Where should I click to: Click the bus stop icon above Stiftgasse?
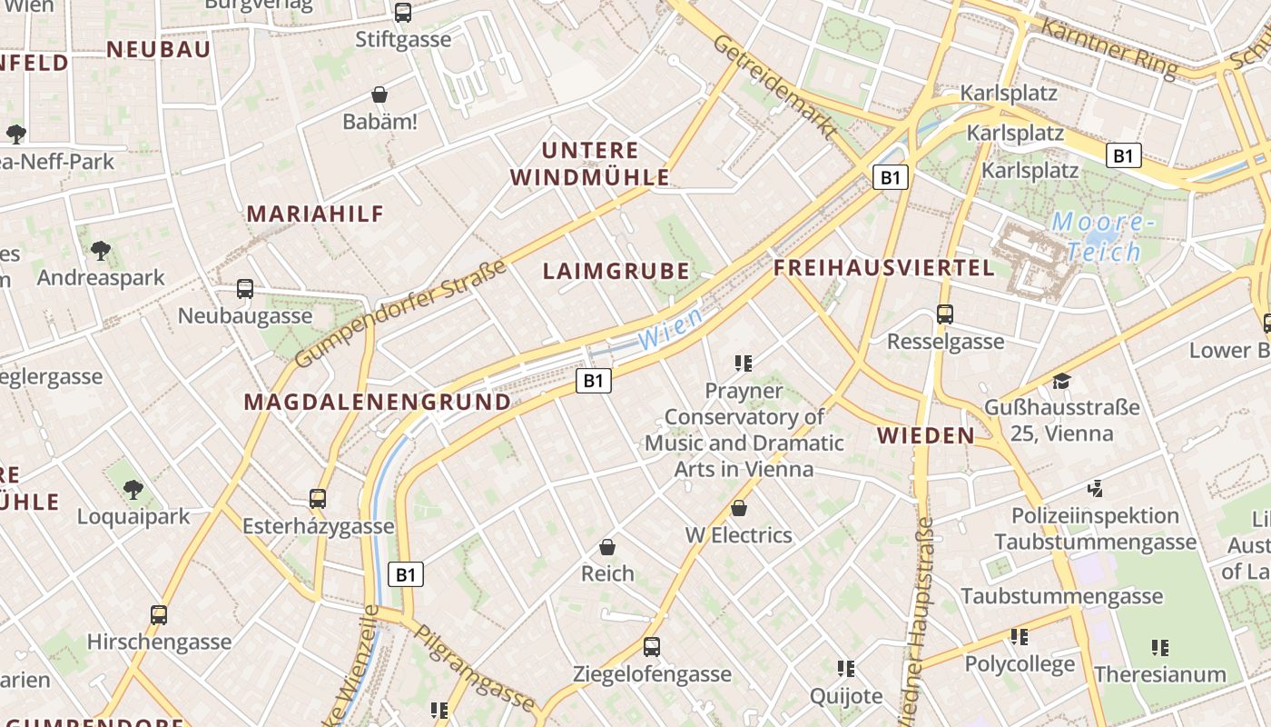pyautogui.click(x=402, y=13)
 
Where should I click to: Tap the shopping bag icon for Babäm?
pyautogui.click(x=379, y=95)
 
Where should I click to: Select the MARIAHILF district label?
pyautogui.click(x=316, y=214)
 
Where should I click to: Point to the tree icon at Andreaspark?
pyautogui.click(x=101, y=250)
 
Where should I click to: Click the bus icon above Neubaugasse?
pyautogui.click(x=244, y=289)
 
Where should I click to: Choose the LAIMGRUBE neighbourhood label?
pyautogui.click(x=616, y=271)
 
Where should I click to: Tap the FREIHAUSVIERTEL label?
pyautogui.click(x=884, y=268)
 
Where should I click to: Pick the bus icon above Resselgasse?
pyautogui.click(x=945, y=314)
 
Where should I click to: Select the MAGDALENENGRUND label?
pyautogui.click(x=378, y=402)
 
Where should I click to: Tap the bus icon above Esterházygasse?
pyautogui.click(x=317, y=498)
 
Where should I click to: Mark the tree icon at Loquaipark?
pyautogui.click(x=133, y=490)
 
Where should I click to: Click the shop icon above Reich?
pyautogui.click(x=607, y=547)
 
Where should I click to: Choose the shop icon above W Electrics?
pyautogui.click(x=739, y=508)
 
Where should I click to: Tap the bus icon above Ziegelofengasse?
pyautogui.click(x=651, y=647)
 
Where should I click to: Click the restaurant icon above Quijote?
pyautogui.click(x=846, y=669)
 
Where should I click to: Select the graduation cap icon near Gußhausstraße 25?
pyautogui.click(x=1061, y=381)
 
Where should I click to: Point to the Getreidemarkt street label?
pyautogui.click(x=774, y=87)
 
